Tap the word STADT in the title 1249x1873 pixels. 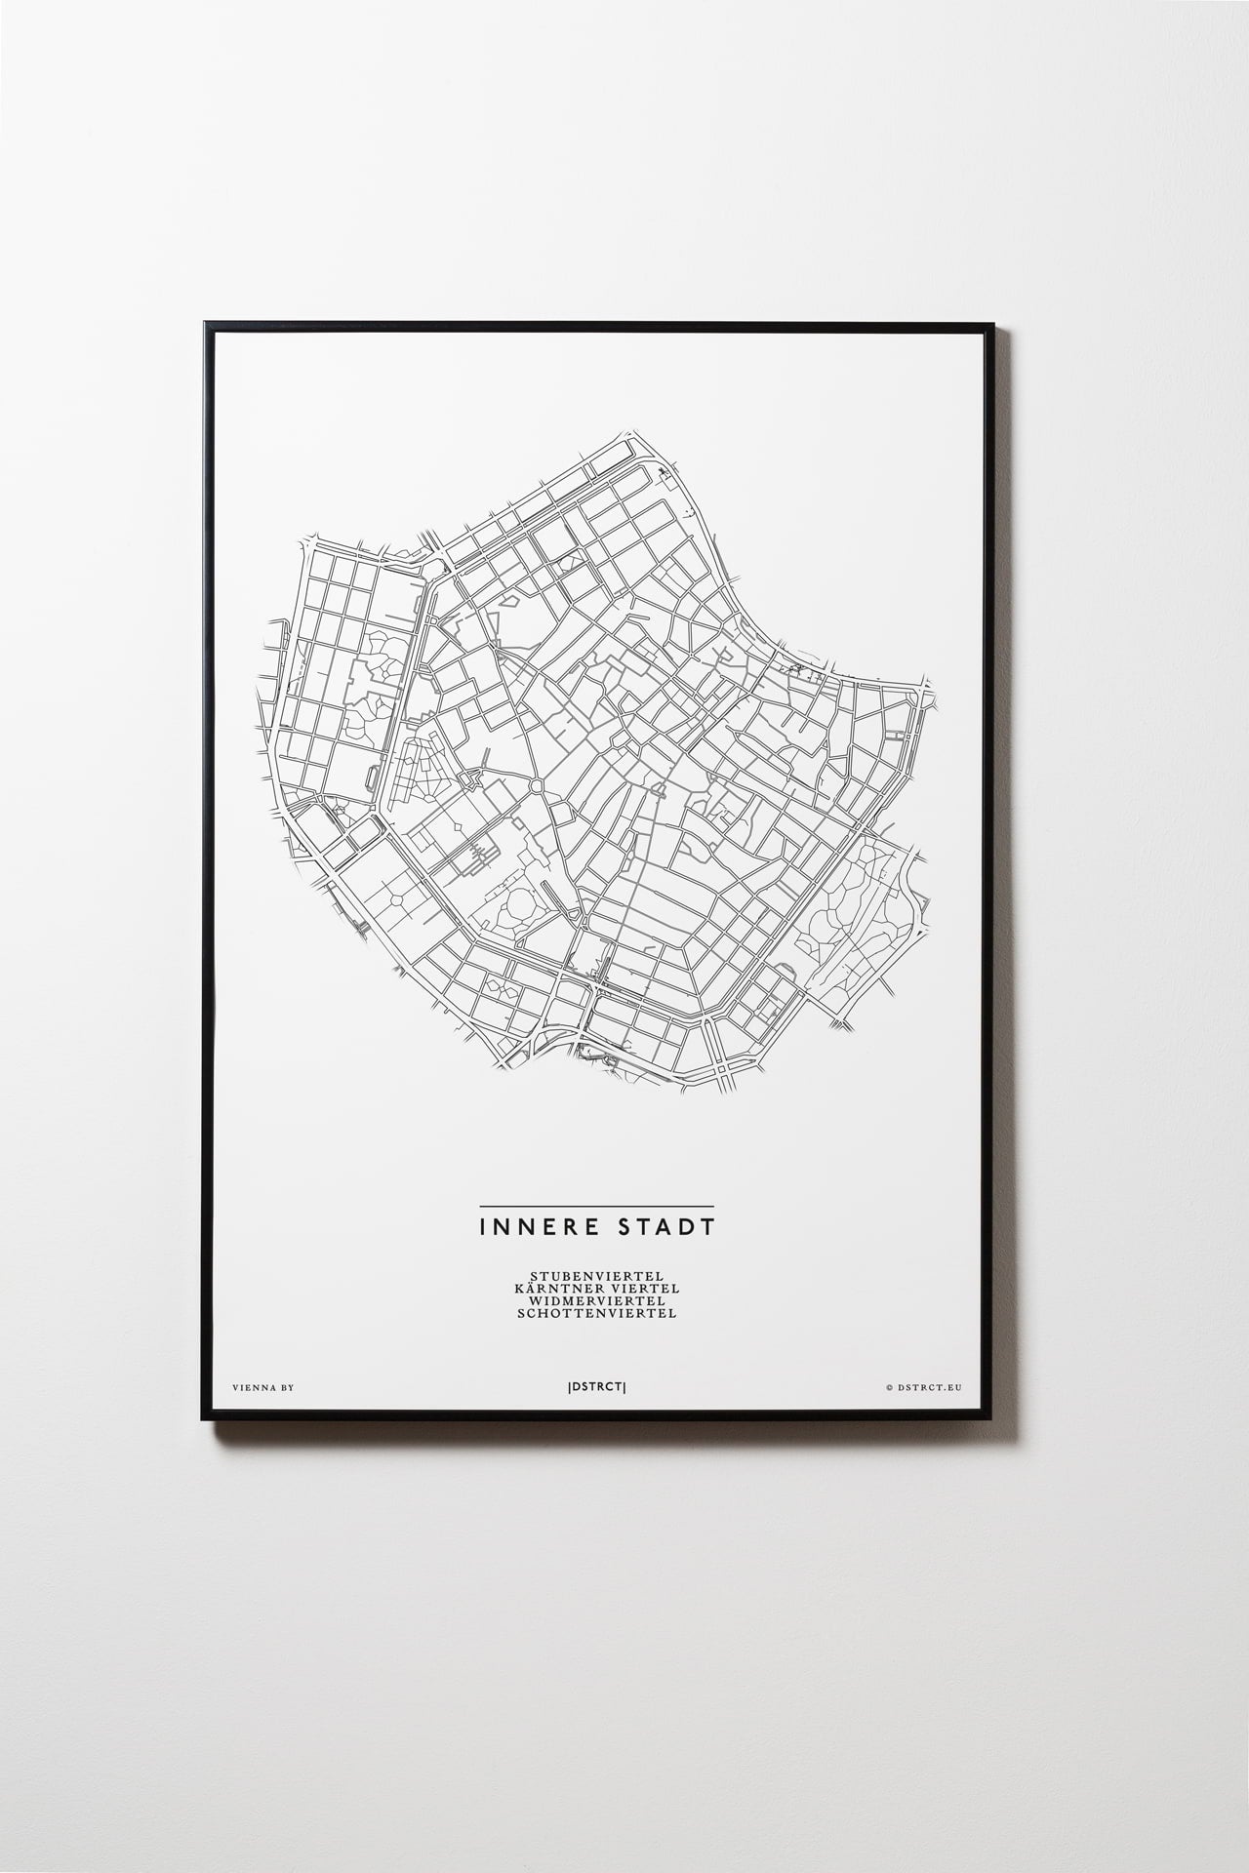668,1225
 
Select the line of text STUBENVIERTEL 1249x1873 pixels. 597,1275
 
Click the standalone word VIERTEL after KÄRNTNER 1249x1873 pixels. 645,1288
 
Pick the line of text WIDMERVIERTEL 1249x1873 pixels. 597,1300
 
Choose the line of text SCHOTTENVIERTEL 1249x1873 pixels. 597,1313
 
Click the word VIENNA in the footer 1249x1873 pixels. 249,1385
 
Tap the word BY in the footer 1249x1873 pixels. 286,1385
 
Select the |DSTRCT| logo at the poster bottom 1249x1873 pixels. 596,1385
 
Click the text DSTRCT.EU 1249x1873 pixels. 930,1385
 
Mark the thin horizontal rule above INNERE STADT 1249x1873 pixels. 596,1207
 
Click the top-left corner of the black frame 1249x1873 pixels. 204,323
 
